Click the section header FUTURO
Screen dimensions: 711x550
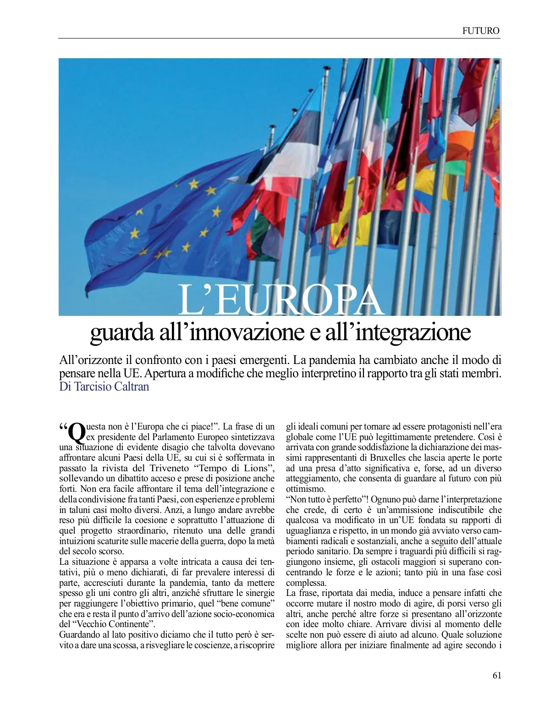point(480,31)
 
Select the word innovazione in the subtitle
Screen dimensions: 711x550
point(239,333)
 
